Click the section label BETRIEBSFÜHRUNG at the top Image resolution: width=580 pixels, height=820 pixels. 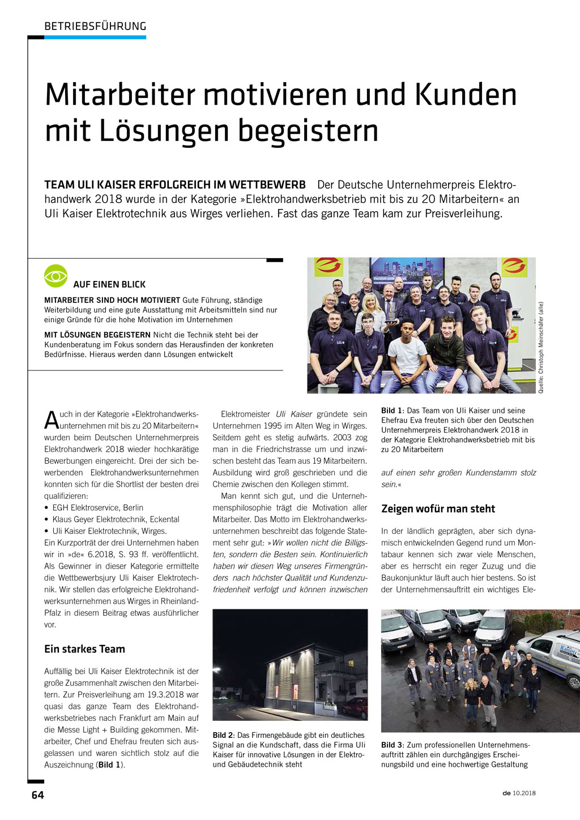(95, 26)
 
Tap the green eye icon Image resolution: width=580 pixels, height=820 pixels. (56, 276)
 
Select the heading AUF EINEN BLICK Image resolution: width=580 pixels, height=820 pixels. (109, 284)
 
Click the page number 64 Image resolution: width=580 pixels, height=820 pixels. (37, 795)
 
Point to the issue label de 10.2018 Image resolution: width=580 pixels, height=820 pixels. (518, 793)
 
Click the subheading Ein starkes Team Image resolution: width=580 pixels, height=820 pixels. (84, 649)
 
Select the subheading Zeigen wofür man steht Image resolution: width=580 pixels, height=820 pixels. (438, 509)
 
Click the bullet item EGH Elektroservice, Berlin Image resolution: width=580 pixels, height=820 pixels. (97, 507)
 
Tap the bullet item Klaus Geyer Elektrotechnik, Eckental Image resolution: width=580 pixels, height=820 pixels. (116, 519)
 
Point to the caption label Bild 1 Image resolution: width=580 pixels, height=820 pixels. (392, 411)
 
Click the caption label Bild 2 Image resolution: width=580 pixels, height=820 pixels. (223, 735)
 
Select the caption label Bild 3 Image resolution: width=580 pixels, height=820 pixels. (392, 745)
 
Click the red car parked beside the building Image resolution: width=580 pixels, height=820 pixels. (355, 707)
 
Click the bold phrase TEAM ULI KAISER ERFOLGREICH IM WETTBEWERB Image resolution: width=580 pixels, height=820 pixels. (175, 185)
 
